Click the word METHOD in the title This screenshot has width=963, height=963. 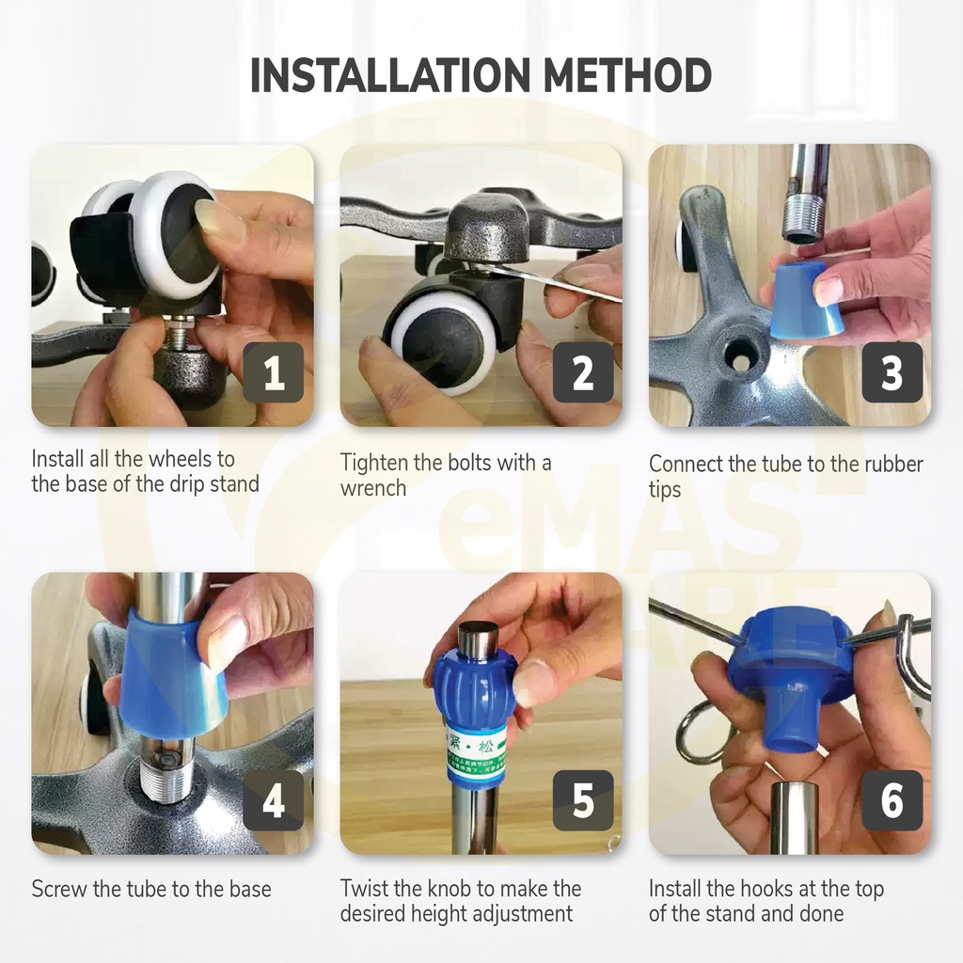pyautogui.click(x=627, y=75)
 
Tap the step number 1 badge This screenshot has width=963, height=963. pyautogui.click(x=274, y=372)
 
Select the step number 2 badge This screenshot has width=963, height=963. pyautogui.click(x=583, y=372)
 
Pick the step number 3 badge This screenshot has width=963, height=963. pyautogui.click(x=892, y=372)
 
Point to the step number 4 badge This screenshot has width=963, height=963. pyautogui.click(x=274, y=800)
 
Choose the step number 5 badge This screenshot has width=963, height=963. pyautogui.click(x=583, y=800)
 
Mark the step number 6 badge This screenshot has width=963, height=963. pyautogui.click(x=892, y=800)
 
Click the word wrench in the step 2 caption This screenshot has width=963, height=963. pyautogui.click(x=373, y=488)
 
